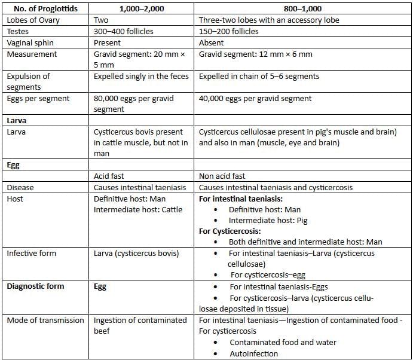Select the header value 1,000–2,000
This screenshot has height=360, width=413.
(x=143, y=8)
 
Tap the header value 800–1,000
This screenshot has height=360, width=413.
(x=303, y=8)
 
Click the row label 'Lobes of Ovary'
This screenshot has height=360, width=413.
(x=33, y=20)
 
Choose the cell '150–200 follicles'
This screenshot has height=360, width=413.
(x=232, y=31)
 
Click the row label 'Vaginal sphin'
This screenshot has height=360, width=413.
(x=32, y=42)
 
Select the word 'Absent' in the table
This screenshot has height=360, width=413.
(x=212, y=42)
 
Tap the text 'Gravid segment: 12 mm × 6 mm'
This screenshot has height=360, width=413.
(x=255, y=54)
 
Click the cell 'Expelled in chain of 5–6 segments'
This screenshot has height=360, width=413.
(x=259, y=76)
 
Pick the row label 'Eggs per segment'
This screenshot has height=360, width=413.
(x=38, y=98)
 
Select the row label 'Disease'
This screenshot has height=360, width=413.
(x=20, y=187)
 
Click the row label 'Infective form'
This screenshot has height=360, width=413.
(x=32, y=253)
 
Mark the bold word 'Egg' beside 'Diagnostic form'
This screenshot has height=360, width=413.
(x=100, y=286)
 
